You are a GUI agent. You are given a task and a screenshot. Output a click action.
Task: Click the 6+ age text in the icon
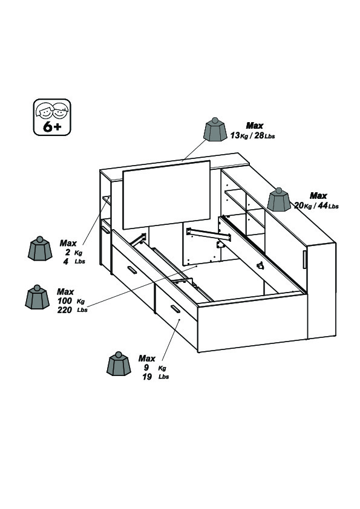tap(52, 127)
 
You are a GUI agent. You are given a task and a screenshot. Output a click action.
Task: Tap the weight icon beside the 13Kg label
tap(215, 129)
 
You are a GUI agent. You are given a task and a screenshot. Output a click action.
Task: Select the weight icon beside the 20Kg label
tap(279, 199)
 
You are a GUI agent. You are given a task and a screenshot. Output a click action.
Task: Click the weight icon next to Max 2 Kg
tap(40, 248)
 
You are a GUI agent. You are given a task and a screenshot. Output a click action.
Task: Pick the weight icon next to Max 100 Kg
tap(37, 297)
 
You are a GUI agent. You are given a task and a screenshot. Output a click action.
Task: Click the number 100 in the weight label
tap(64, 301)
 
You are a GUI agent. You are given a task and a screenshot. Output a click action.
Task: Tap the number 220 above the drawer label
tap(64, 310)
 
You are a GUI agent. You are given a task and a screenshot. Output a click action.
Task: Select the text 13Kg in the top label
tap(239, 135)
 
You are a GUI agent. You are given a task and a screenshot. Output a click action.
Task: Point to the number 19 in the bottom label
tap(147, 377)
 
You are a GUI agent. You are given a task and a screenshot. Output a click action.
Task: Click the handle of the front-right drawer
tap(175, 309)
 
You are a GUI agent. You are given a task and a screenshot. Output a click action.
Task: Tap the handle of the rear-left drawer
tap(132, 270)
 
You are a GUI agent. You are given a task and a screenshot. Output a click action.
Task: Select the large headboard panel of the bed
tap(166, 195)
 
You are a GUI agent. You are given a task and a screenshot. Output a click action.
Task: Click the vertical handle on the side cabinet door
tap(304, 259)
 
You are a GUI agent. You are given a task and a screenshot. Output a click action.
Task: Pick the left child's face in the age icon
tap(45, 111)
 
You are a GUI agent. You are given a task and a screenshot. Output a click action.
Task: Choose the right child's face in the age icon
tap(61, 111)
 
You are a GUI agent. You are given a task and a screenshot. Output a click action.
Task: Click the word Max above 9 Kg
tap(147, 358)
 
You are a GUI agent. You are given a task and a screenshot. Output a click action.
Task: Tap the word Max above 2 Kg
tap(68, 243)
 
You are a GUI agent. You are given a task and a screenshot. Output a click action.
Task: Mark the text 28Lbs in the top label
tap(264, 135)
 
